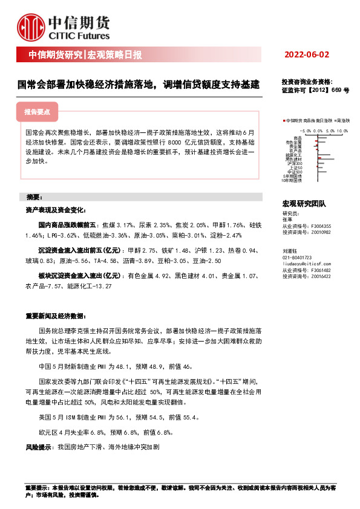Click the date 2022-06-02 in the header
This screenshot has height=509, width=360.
coord(307,54)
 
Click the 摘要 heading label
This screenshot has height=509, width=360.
coord(34,198)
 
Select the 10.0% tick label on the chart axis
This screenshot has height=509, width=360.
coord(342,130)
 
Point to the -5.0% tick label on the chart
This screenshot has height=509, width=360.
coord(306,130)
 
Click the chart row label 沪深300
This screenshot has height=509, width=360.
coord(295,163)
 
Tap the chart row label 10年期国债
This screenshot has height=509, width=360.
coord(292,180)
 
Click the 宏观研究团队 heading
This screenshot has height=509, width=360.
coord(304,204)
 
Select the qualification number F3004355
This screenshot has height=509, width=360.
coord(318,226)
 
